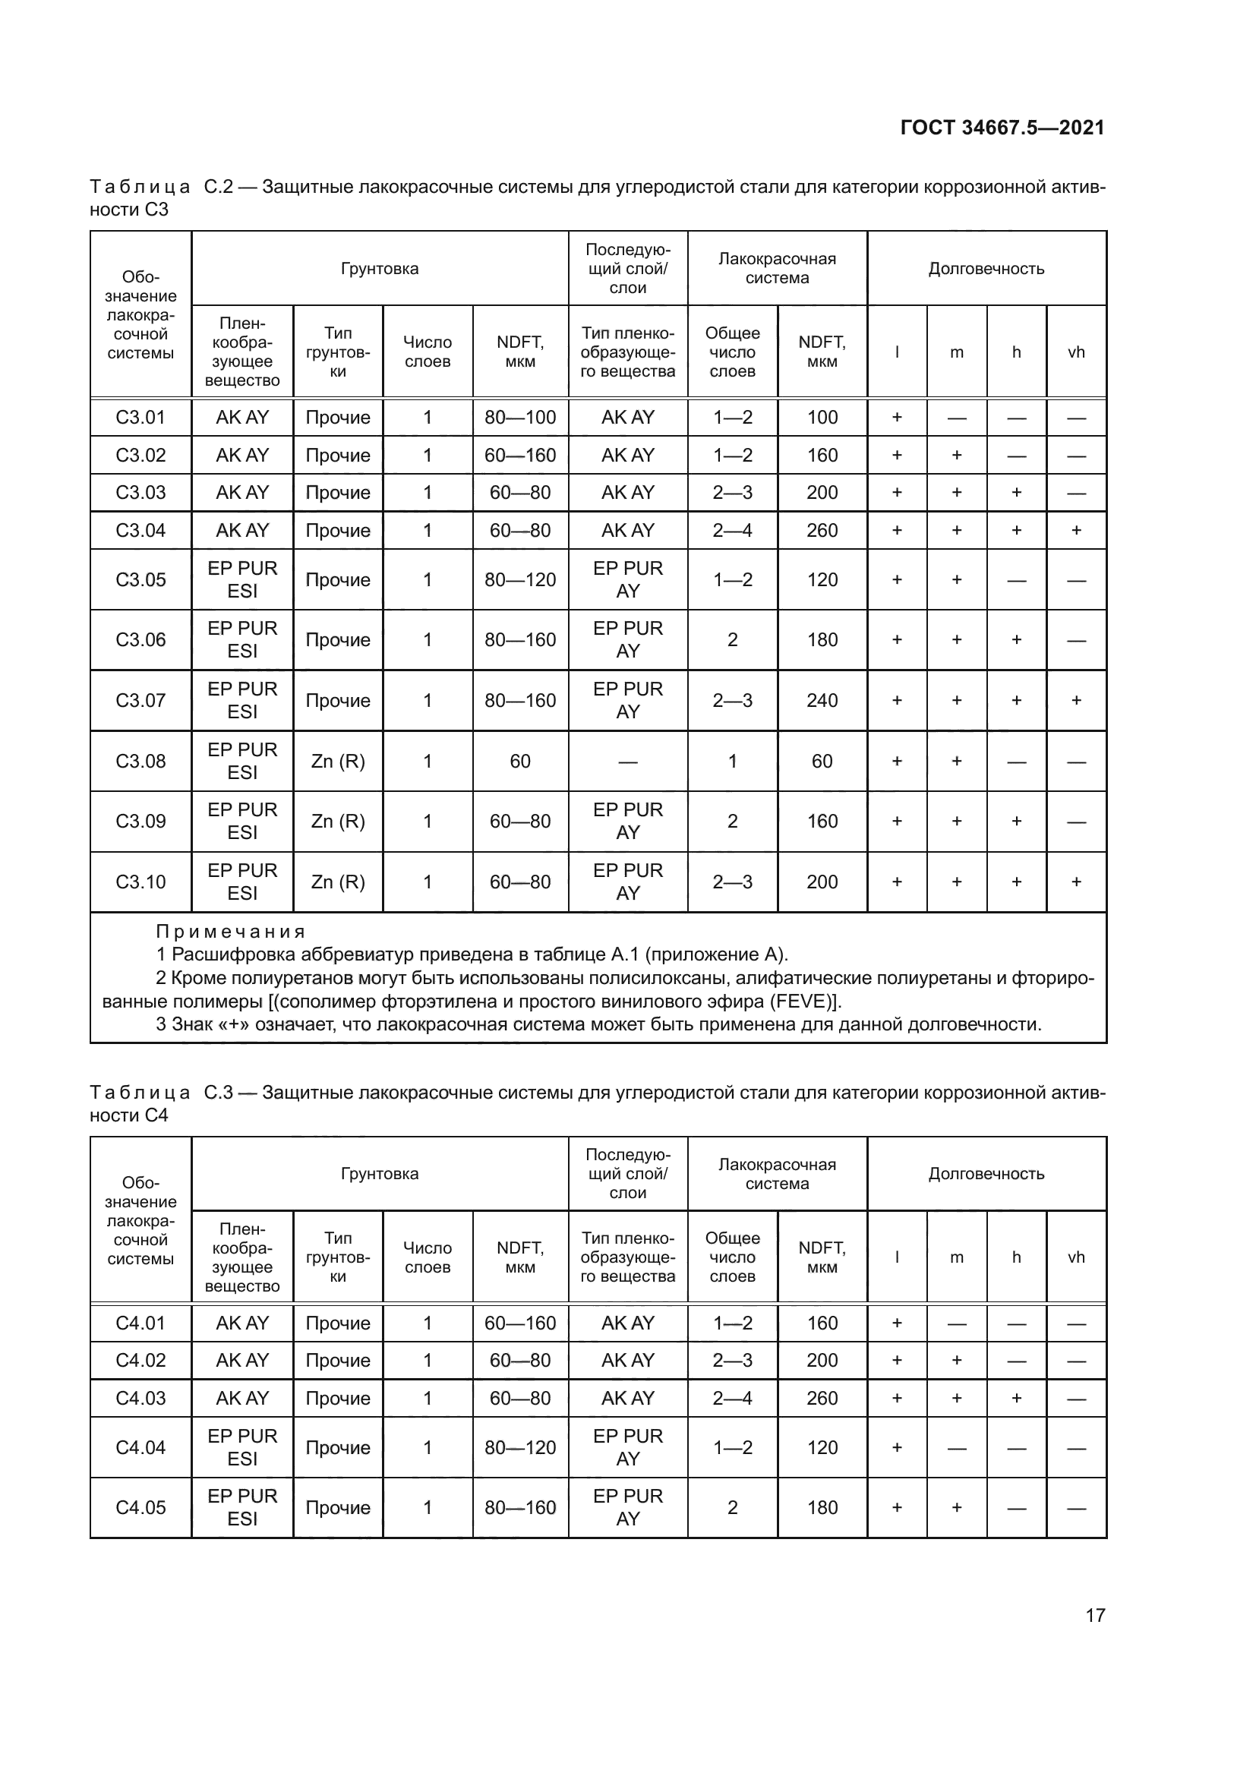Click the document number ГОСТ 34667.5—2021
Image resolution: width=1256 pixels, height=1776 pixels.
tap(1002, 128)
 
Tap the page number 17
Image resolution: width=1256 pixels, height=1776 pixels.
tap(1095, 1615)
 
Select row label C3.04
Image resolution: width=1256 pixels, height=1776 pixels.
tap(140, 531)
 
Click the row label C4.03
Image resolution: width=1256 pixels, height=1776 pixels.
tap(140, 1398)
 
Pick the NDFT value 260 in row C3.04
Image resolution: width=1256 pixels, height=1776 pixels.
tap(822, 531)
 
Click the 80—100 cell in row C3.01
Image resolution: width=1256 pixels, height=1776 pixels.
tap(519, 418)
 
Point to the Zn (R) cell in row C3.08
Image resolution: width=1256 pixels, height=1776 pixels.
tap(338, 761)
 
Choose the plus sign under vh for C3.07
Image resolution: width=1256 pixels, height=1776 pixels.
tap(1076, 701)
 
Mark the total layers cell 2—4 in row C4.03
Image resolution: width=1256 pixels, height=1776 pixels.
tap(731, 1398)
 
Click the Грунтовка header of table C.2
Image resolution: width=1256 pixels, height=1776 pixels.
tap(380, 268)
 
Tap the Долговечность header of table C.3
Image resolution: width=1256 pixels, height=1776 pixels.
tap(986, 1173)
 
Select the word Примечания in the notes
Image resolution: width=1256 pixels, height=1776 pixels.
tap(231, 932)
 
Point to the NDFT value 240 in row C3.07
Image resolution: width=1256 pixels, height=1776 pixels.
tap(822, 701)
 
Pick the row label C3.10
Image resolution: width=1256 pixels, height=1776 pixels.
tap(140, 882)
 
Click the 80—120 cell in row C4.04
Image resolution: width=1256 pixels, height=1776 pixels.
tap(519, 1447)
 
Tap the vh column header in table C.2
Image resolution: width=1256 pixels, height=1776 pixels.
tap(1076, 353)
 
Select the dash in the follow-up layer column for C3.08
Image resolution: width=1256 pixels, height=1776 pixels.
tap(627, 762)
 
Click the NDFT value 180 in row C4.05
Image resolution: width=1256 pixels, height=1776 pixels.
tap(822, 1508)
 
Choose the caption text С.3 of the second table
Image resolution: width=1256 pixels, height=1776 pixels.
tap(218, 1093)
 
